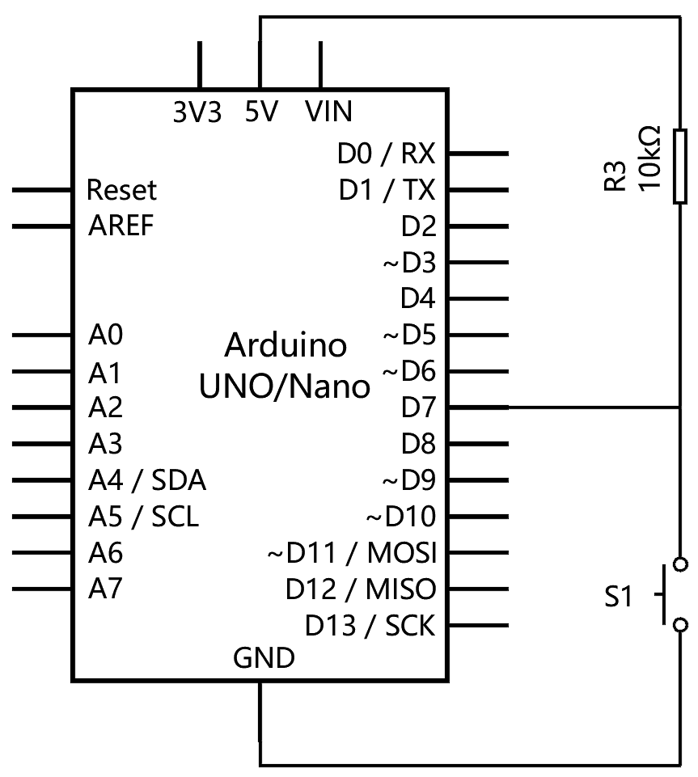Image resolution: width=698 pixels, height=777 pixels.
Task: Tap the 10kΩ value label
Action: [x=650, y=158]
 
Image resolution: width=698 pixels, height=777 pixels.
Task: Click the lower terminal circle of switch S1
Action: [x=680, y=624]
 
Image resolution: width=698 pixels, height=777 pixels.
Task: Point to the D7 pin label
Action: [x=418, y=408]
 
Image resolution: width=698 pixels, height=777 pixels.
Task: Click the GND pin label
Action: [x=264, y=658]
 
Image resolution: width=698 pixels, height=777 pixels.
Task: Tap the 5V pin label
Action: [x=261, y=111]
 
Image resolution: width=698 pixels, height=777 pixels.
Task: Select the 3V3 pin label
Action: [x=197, y=111]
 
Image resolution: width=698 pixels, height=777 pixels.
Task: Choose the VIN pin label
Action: [x=329, y=111]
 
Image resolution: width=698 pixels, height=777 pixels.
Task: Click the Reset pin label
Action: [x=121, y=190]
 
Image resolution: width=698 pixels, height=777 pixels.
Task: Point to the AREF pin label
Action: [x=121, y=226]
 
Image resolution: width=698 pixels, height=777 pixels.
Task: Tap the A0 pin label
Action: [x=105, y=335]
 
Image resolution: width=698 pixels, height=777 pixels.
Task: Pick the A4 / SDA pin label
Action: [x=146, y=480]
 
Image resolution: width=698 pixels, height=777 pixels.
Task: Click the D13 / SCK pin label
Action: [x=370, y=625]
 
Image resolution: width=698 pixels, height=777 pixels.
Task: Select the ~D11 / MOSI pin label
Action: [x=352, y=553]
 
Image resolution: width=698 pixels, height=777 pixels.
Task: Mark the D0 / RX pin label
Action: [x=386, y=153]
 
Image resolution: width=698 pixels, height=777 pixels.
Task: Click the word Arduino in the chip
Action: [x=286, y=346]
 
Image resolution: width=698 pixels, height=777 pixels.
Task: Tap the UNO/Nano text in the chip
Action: [x=285, y=386]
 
